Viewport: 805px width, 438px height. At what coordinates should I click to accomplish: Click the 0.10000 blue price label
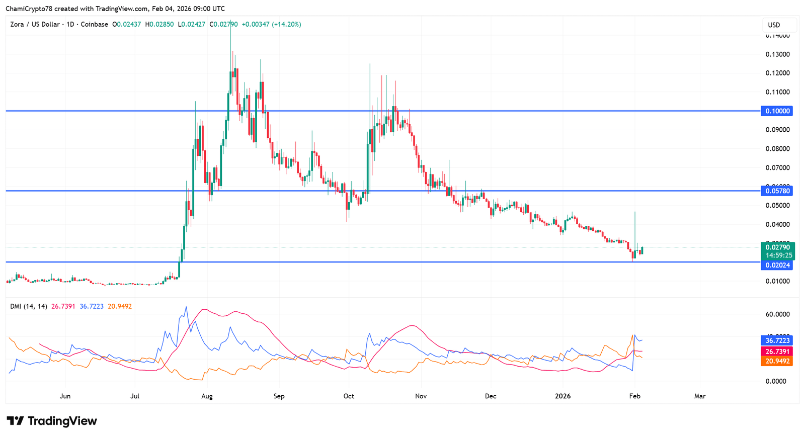777,111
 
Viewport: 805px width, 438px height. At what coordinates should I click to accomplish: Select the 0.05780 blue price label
777,191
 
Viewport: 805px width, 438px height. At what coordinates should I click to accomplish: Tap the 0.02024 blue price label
777,265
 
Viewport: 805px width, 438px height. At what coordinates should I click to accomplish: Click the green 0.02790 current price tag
777,247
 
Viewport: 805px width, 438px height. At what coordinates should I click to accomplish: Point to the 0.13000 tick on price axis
777,54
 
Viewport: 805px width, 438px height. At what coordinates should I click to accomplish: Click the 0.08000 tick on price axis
777,149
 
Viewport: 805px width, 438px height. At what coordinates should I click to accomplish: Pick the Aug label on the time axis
207,396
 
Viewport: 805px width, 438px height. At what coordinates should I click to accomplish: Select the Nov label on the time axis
421,396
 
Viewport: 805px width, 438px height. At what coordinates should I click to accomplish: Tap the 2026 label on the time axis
562,396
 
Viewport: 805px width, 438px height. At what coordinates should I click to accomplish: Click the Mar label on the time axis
700,396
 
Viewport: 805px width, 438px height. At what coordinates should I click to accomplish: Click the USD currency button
774,25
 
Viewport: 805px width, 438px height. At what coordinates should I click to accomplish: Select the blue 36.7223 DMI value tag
777,340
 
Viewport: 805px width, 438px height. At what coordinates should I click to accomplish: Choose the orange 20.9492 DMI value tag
777,361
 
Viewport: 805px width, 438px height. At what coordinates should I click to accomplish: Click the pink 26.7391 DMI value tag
777,352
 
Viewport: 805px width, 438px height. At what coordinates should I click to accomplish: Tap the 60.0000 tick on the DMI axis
777,314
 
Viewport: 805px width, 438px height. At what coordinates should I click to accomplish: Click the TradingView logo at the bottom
52,421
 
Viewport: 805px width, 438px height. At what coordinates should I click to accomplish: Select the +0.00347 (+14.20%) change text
272,24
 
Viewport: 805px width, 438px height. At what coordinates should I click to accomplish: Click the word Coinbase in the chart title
95,24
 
